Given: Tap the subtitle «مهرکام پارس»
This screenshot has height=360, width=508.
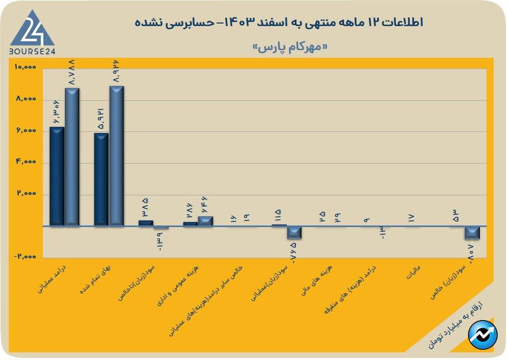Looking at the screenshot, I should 290,48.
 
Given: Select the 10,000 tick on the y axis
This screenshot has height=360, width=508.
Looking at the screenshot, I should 26,67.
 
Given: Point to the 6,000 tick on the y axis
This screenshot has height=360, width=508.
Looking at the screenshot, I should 26,131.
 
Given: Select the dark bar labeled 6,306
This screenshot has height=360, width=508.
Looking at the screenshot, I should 57,176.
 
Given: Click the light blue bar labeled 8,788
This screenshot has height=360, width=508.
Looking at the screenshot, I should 72,157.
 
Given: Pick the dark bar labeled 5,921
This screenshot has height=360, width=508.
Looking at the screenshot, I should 102,179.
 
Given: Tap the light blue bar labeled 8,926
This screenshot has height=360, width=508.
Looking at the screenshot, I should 117,156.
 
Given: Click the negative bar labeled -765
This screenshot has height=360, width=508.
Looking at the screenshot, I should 294,232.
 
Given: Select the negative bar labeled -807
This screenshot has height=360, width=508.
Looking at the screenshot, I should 472,233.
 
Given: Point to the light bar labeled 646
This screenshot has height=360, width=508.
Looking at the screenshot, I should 205,221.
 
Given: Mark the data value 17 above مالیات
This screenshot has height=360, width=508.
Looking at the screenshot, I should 411,218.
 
